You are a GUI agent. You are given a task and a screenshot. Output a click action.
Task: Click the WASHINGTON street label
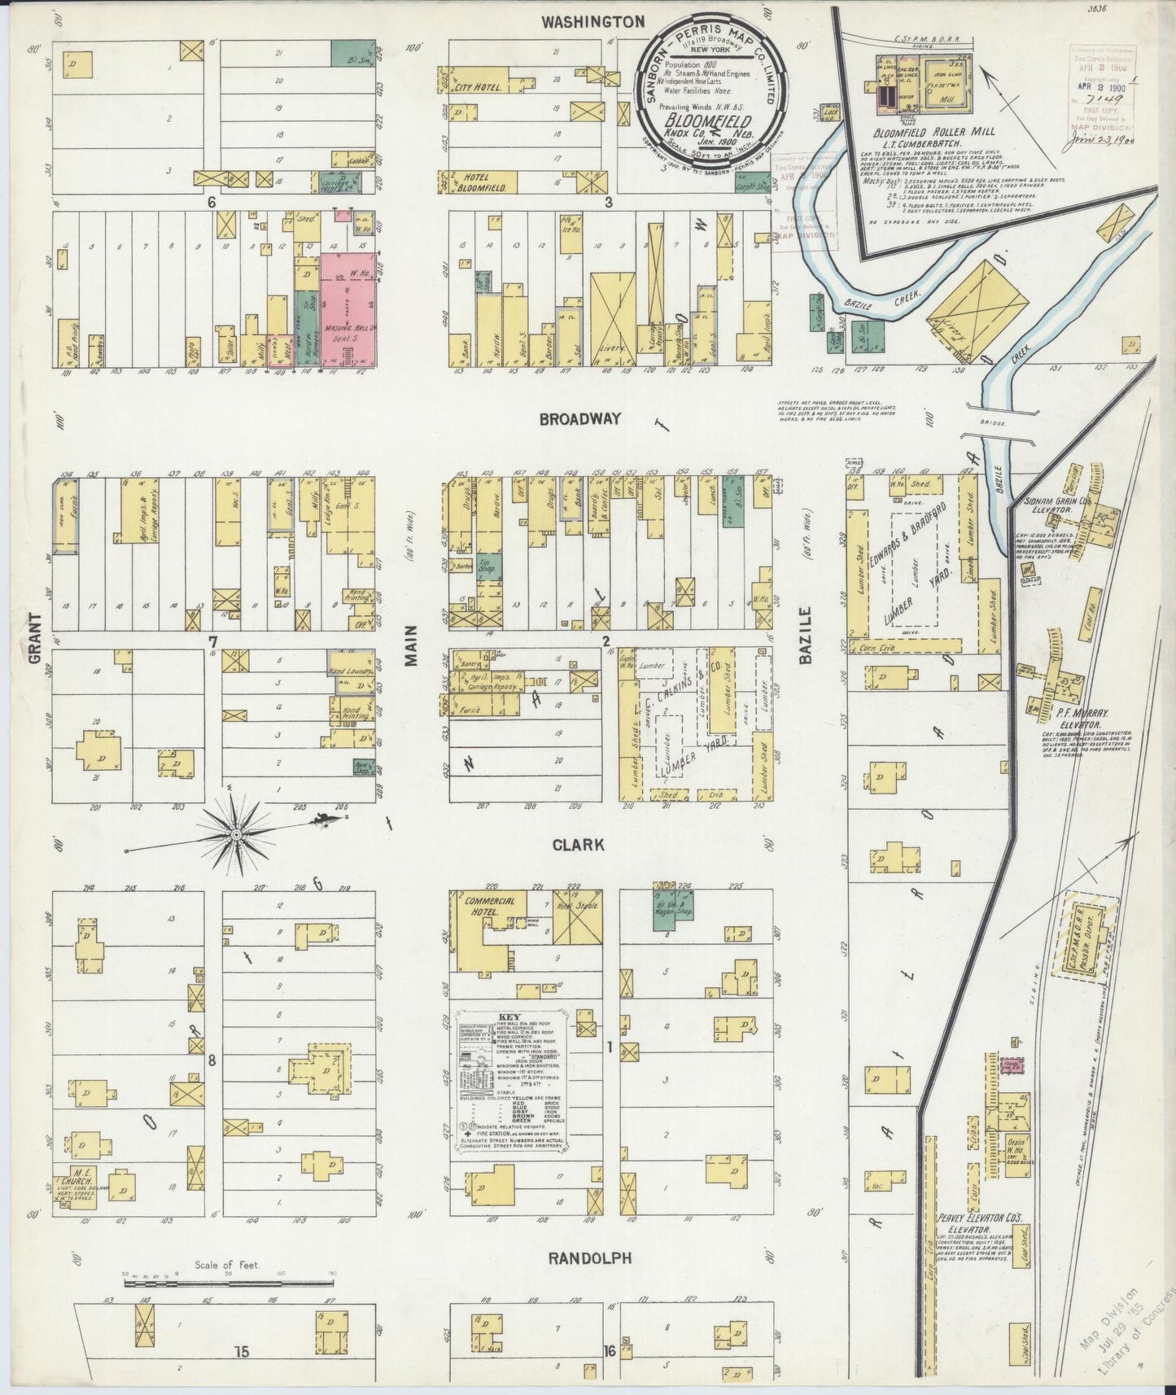(x=593, y=22)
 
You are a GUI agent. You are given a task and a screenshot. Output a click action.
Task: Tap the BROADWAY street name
(x=579, y=418)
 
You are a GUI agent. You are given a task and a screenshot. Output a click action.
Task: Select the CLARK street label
(x=578, y=845)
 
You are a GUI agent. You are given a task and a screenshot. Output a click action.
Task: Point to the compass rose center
(x=236, y=835)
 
